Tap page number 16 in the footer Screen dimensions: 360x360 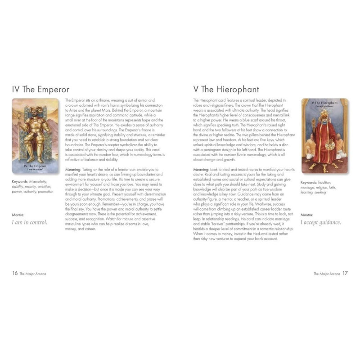[x=15, y=273]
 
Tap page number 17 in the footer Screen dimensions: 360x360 [x=345, y=273]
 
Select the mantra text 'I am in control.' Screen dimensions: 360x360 [x=29, y=222]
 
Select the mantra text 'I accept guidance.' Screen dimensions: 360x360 [x=320, y=222]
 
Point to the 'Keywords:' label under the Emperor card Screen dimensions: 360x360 [x=21, y=182]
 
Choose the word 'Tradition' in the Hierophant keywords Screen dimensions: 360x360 [x=328, y=183]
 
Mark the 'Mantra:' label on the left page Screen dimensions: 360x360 [x=18, y=215]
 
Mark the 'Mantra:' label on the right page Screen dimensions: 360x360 [x=307, y=215]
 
